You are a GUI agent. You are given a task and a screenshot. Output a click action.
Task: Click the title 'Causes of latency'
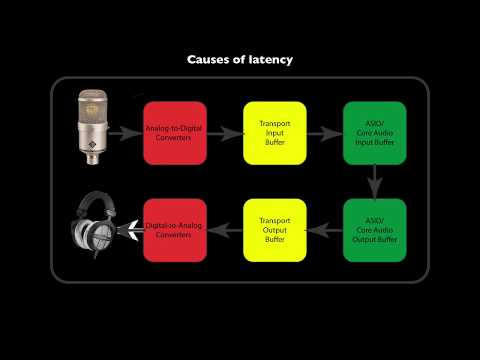click(x=240, y=60)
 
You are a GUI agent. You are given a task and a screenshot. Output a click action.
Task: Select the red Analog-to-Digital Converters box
click(x=175, y=132)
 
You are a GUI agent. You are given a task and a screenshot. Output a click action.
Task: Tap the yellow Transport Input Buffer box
click(x=274, y=132)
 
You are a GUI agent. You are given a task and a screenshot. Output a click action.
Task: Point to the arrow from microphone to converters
click(x=128, y=132)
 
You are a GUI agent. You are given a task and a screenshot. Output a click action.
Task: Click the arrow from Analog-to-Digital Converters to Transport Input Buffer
click(x=225, y=132)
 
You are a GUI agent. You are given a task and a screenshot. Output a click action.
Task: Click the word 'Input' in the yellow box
click(x=274, y=132)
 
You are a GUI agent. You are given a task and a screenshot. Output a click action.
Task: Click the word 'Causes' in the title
click(x=211, y=60)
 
